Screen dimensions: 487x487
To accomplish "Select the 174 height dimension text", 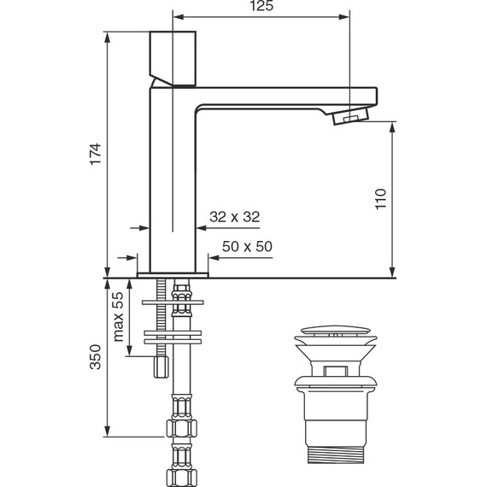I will click(x=97, y=154).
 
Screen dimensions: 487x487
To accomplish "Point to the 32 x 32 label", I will click(x=234, y=218).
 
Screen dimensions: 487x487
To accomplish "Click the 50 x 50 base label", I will click(x=247, y=246).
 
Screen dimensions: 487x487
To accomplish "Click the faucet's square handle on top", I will click(x=173, y=58).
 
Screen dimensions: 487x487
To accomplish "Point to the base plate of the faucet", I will click(x=173, y=274).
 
